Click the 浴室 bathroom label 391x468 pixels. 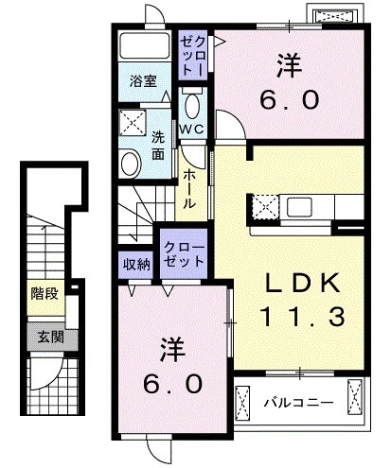pos(144,82)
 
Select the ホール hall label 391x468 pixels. pos(189,188)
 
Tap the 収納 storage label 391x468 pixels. pos(137,264)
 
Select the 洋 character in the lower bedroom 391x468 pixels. pos(173,350)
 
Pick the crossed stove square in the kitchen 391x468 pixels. pos(265,205)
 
